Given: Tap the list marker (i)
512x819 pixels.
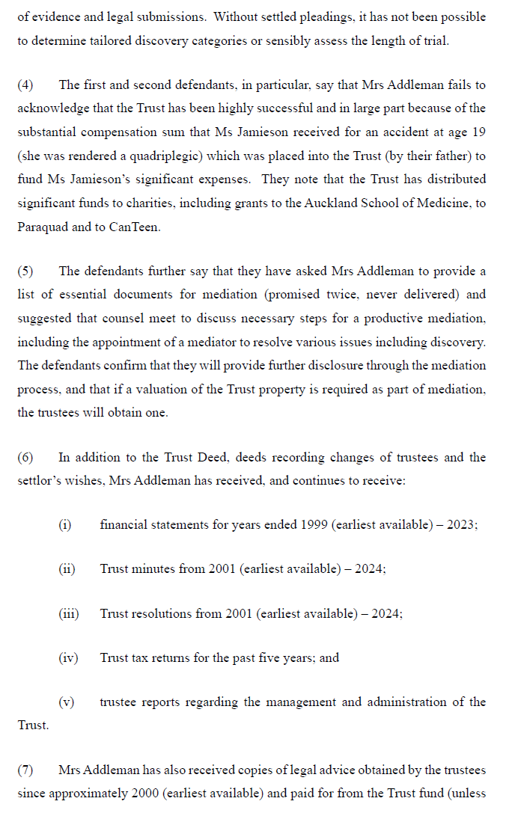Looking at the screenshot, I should coord(65,525).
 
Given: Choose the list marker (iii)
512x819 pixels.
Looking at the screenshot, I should coord(68,613).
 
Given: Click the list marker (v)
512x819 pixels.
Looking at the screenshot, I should coord(66,702).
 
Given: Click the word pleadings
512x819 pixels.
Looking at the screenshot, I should coord(174,17).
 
